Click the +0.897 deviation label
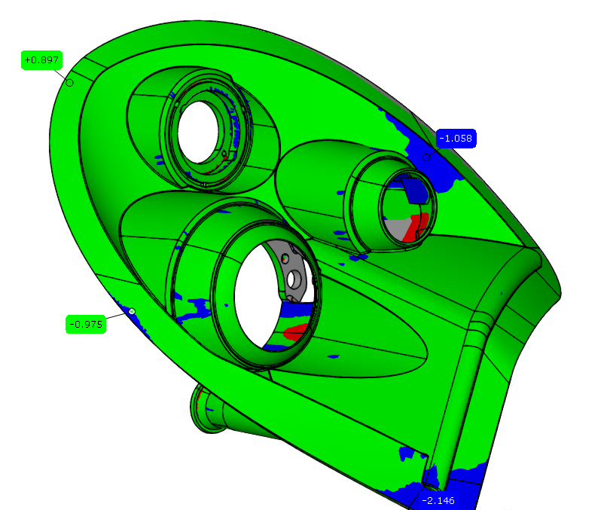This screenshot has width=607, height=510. click(41, 60)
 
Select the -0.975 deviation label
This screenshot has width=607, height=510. click(84, 325)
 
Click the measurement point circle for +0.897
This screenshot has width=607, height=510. click(70, 83)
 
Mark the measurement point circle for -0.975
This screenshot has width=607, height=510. click(132, 311)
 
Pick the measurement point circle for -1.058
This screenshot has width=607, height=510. click(427, 157)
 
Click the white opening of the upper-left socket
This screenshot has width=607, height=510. click(198, 130)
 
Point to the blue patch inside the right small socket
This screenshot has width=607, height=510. click(416, 191)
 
